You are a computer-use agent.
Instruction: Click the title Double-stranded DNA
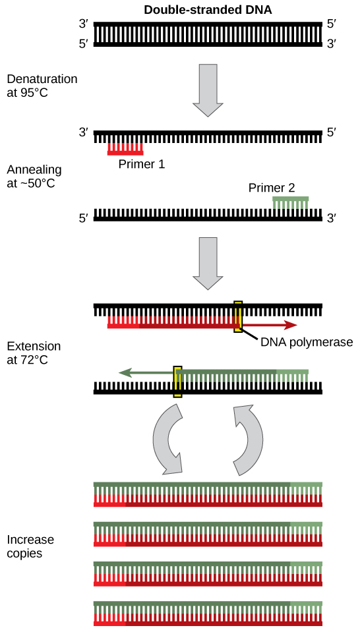tap(208, 10)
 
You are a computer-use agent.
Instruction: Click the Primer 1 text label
tap(141, 164)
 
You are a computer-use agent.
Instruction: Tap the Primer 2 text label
tap(272, 188)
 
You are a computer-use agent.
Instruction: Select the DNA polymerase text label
tap(307, 342)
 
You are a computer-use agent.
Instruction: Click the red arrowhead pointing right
tap(289, 325)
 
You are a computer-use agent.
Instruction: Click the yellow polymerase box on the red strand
tap(238, 316)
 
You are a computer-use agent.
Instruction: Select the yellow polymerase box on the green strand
tap(177, 382)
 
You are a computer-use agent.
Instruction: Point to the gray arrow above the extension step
tap(208, 264)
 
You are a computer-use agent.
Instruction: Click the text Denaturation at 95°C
tap(42, 86)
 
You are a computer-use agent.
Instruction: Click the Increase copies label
tap(30, 546)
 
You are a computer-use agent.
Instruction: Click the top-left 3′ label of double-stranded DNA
tap(83, 24)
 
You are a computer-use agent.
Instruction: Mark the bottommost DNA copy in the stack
tap(208, 613)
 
